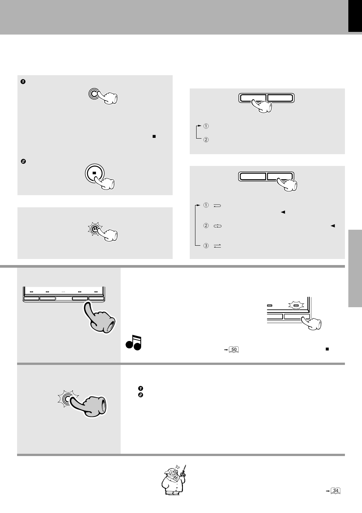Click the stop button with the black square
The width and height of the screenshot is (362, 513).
pos(94,173)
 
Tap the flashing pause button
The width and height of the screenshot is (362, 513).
pos(94,229)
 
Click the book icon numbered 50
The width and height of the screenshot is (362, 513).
pos(234,349)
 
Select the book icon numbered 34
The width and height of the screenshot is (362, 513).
pos(335,490)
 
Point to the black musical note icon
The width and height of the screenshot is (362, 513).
pos(134,343)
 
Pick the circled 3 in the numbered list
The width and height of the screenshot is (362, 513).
pos(206,246)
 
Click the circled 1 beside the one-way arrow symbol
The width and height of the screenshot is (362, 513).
pos(206,205)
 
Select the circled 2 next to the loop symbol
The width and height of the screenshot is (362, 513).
pos(206,226)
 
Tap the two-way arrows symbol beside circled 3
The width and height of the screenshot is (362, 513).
pos(217,246)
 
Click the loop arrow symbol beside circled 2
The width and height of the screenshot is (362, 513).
pos(217,226)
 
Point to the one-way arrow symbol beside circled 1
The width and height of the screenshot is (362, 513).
pos(217,205)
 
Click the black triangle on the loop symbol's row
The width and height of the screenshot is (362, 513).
pos(333,226)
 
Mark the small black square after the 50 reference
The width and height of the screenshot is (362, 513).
pos(327,349)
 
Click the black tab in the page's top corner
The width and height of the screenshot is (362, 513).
pos(355,16)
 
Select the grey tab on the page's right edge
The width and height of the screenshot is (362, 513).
pos(355,268)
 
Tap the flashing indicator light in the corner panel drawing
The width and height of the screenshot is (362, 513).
pos(296,305)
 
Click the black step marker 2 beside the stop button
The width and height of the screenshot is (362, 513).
pos(23,161)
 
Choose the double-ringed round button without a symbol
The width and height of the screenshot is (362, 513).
pos(93,93)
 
